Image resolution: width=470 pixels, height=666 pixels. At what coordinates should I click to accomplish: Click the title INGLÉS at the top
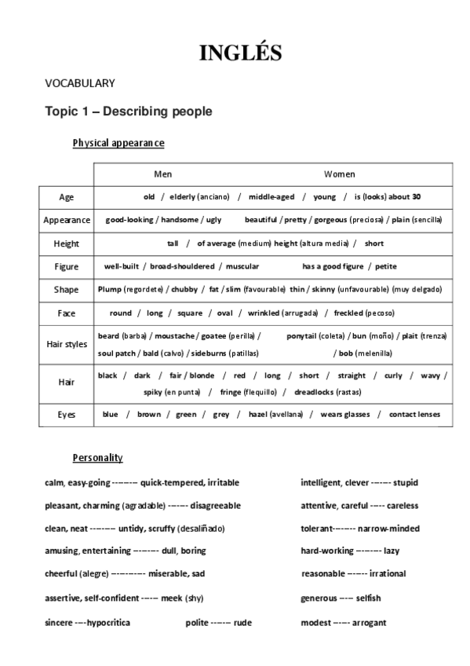pyautogui.click(x=240, y=53)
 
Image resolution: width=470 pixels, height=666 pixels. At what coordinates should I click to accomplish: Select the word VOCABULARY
pyautogui.click(x=80, y=83)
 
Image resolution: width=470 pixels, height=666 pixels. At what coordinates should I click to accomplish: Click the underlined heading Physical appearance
pyautogui.click(x=118, y=143)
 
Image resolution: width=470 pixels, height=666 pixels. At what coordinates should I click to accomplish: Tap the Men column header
pyautogui.click(x=162, y=174)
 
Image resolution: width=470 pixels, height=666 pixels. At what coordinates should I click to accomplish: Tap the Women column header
pyautogui.click(x=339, y=174)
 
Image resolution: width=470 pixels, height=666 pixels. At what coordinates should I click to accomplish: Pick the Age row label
pyautogui.click(x=67, y=196)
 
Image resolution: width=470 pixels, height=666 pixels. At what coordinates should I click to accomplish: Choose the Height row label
pyautogui.click(x=67, y=243)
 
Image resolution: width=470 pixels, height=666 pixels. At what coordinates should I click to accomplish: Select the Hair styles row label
pyautogui.click(x=67, y=343)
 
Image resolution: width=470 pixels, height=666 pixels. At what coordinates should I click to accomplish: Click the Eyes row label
pyautogui.click(x=67, y=414)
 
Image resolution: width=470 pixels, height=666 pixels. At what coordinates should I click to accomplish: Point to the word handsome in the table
pyautogui.click(x=180, y=220)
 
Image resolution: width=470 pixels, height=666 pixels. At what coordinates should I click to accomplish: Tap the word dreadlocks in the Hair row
pyautogui.click(x=315, y=391)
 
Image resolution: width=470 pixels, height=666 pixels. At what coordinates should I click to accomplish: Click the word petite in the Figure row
pyautogui.click(x=387, y=266)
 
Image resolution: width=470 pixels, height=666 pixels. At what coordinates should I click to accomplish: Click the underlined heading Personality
pyautogui.click(x=97, y=457)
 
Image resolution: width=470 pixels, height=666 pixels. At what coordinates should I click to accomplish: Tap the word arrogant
pyautogui.click(x=369, y=623)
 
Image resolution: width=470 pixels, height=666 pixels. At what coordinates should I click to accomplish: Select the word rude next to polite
pyautogui.click(x=243, y=623)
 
